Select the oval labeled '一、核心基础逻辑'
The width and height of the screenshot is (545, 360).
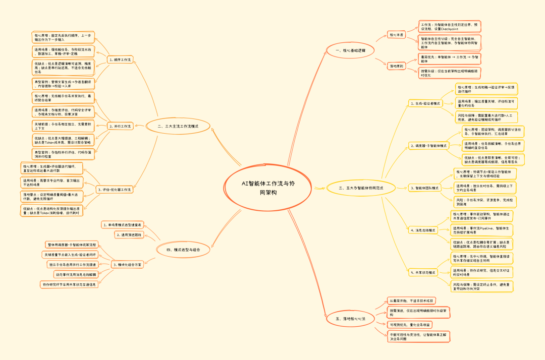[347, 50]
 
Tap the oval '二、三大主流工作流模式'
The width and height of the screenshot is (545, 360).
[178, 127]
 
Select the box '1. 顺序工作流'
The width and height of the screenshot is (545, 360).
[120, 60]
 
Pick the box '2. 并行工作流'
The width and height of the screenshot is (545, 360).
[120, 126]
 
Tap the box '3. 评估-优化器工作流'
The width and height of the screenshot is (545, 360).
[114, 190]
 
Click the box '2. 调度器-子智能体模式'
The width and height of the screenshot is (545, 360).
[428, 146]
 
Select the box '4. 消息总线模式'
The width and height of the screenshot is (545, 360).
[422, 230]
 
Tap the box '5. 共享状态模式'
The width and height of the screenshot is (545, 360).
[422, 272]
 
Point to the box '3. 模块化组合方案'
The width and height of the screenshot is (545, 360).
[127, 264]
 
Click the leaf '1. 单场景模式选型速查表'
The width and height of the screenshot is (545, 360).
[123, 225]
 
